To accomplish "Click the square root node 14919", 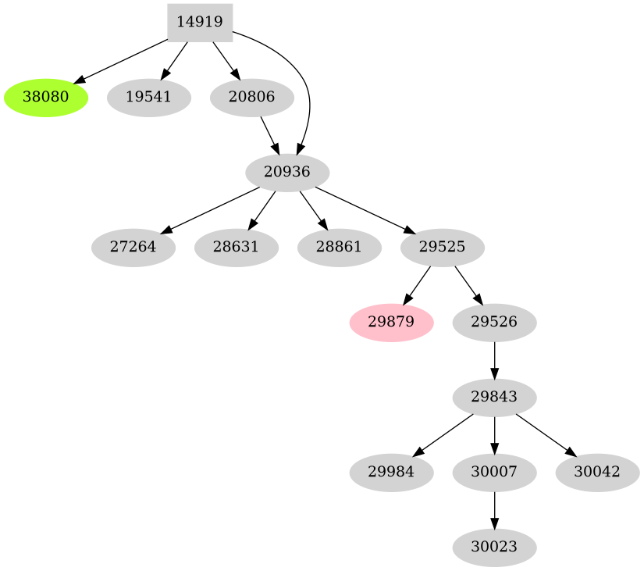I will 200,22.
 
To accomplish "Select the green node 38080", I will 45,98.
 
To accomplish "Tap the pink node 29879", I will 391,323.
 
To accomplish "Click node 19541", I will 148,98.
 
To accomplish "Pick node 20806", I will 252,98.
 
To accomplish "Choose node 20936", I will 287,172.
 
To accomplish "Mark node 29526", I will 494,323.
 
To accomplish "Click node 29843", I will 494,397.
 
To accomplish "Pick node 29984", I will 391,472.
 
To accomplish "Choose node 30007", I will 494,472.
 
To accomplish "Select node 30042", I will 597,472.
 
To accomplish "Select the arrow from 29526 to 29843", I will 494,359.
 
